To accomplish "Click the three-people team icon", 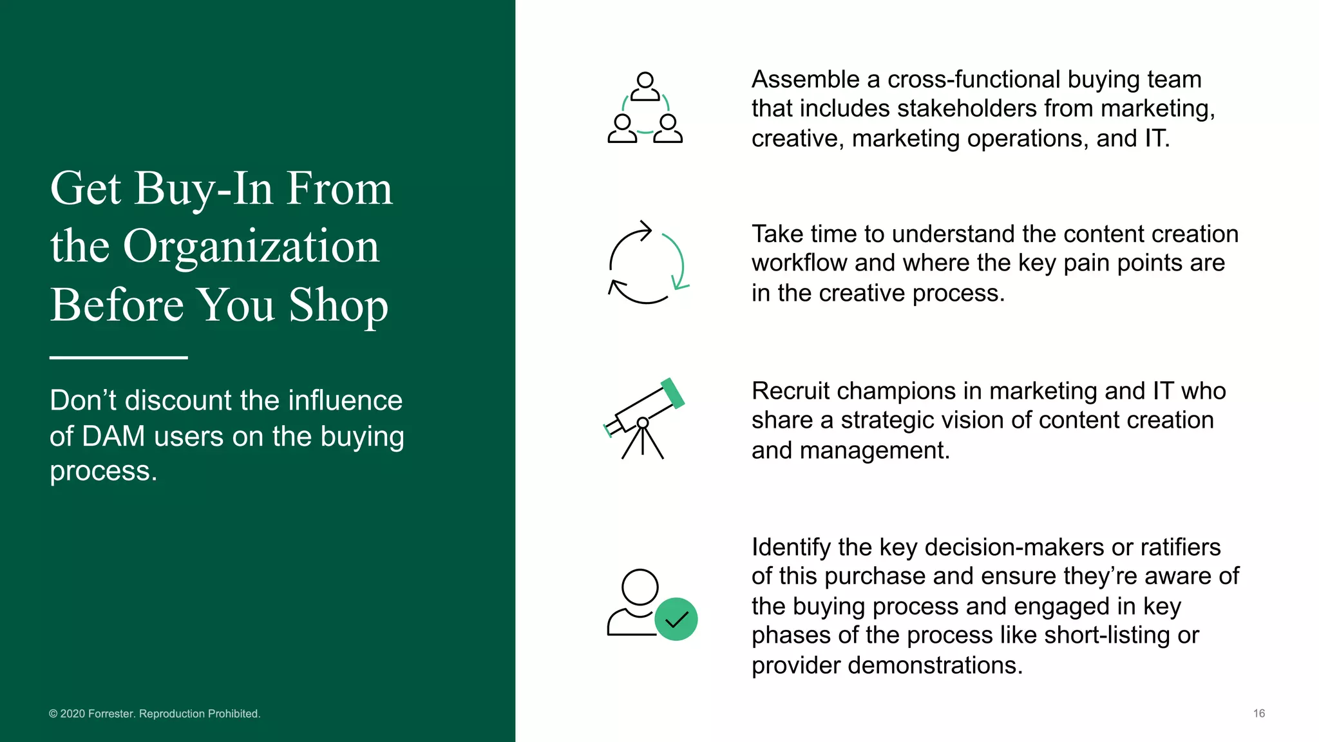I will point(645,108).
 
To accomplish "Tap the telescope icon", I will point(643,419).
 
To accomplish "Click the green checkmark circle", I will point(676,619).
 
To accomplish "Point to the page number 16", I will point(1258,713).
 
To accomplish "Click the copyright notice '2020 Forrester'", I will point(155,714).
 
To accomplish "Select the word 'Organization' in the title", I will point(251,246).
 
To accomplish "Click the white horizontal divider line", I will point(119,357).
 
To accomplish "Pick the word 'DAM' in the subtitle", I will point(113,436).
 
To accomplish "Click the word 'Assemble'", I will point(806,79).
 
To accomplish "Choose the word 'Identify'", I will point(791,547).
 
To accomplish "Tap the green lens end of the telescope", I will point(673,394).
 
